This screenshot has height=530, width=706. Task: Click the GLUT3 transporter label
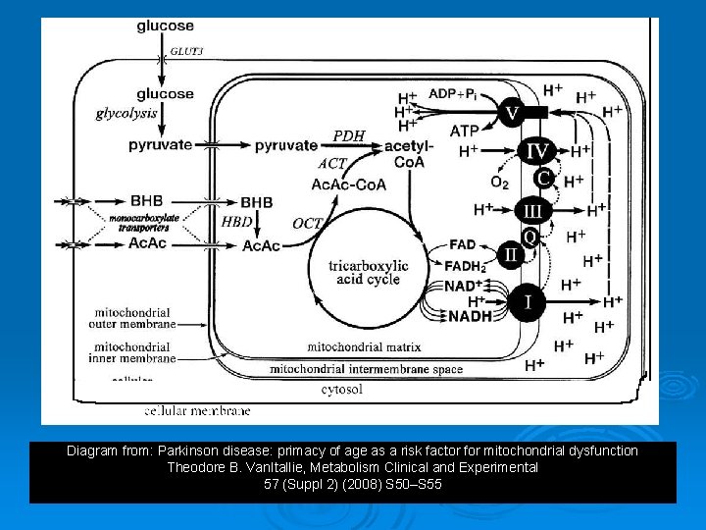(187, 52)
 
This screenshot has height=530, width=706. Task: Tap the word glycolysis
(126, 113)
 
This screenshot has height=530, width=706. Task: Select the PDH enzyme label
(348, 135)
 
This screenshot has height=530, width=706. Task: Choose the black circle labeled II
(511, 254)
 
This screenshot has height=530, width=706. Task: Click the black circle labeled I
(529, 301)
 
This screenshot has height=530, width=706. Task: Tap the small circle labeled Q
(529, 237)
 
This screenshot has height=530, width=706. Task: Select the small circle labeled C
(543, 179)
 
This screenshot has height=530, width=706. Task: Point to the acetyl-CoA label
(409, 153)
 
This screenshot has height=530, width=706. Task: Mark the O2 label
(499, 182)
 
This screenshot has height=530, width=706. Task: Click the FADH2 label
(464, 265)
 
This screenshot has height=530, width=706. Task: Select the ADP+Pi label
(452, 94)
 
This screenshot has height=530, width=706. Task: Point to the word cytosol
(342, 389)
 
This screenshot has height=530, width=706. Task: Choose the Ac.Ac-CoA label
(348, 185)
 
